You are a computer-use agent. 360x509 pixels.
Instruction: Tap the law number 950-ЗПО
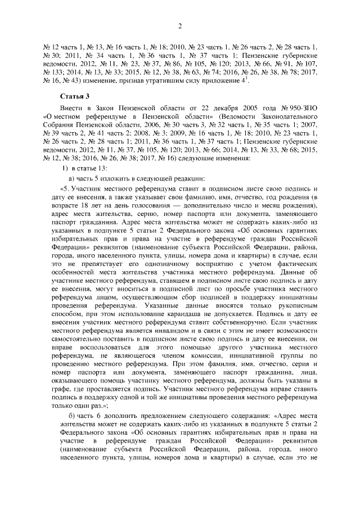[x=302, y=106]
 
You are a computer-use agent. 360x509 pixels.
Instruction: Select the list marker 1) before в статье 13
[x=65, y=169]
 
